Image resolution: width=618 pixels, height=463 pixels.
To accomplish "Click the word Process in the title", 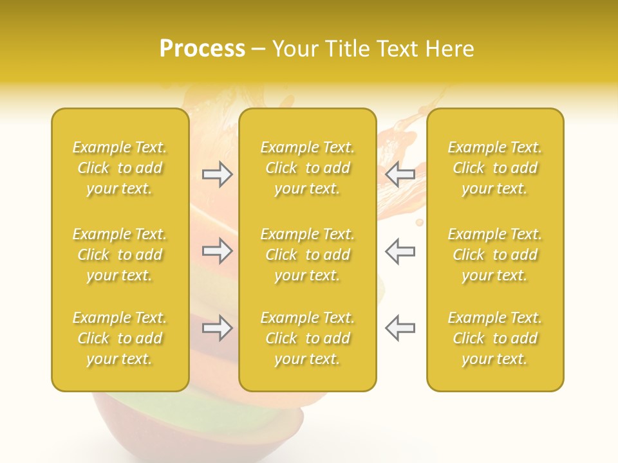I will pos(202,49).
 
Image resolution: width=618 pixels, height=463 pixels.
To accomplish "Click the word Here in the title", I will pos(450,49).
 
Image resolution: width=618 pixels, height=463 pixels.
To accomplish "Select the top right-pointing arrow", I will pos(217,174).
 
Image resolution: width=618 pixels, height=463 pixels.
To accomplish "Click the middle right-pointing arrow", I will pos(217,251).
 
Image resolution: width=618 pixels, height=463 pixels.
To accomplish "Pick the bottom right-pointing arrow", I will pos(217,329).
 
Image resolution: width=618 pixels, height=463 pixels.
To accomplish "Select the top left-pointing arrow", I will pos(400,174).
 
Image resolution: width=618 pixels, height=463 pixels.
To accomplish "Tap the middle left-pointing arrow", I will pos(400,251).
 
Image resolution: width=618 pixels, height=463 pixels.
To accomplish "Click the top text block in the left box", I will pos(120,168).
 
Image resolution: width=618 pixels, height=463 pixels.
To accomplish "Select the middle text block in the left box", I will pos(120,255).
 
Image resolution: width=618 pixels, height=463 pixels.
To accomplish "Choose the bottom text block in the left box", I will pos(120,338).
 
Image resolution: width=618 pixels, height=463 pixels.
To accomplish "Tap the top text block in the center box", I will pos(308,168).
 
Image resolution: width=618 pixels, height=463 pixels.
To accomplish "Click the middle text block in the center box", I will pos(308,255).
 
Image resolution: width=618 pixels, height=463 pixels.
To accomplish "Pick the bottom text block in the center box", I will pos(308,338).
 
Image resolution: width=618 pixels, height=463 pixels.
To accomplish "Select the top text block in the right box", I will pos(495,168).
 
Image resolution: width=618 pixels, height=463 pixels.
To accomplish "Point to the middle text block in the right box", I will pos(495,255).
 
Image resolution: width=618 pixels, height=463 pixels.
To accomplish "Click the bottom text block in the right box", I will pos(495,338).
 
